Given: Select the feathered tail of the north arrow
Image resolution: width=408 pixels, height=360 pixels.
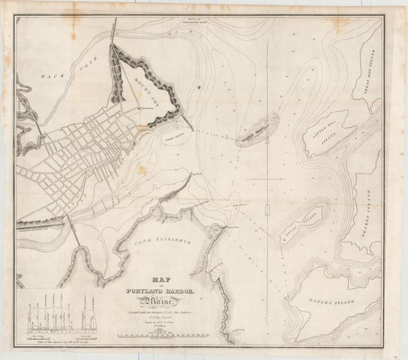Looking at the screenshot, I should pyautogui.click(x=268, y=208).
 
